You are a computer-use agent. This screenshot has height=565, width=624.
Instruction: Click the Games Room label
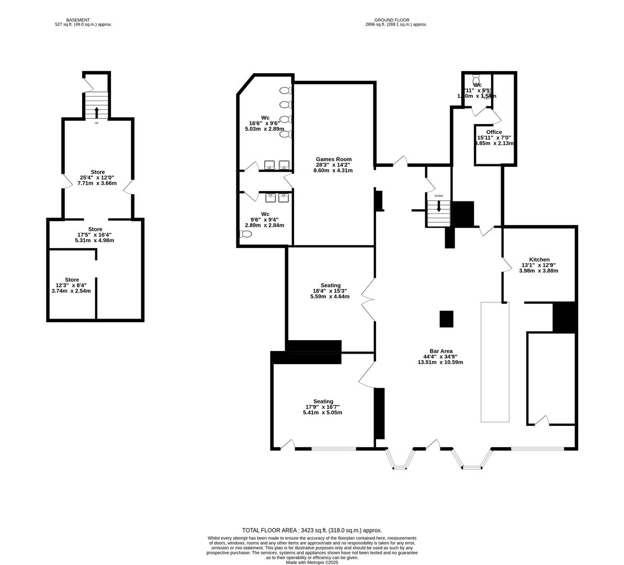[333, 159]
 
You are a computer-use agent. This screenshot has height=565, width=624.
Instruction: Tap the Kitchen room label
[539, 259]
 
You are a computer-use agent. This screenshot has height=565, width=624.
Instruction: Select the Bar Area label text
[438, 351]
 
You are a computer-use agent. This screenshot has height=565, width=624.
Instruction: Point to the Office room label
[493, 132]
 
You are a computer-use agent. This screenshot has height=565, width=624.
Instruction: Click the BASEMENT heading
[83, 20]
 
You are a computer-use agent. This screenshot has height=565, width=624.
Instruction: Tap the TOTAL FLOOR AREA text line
[312, 530]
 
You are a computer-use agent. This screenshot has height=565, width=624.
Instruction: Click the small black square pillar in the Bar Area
[446, 319]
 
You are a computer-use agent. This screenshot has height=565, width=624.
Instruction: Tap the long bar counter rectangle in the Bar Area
[495, 361]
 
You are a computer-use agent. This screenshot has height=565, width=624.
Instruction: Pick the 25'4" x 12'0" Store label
[98, 172]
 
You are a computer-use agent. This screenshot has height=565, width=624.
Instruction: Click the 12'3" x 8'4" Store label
[72, 280]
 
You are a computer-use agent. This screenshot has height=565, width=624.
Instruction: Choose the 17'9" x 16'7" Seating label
[323, 401]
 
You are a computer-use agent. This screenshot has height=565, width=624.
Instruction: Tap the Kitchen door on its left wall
[506, 265]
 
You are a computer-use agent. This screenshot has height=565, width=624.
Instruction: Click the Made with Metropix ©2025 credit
[312, 562]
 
